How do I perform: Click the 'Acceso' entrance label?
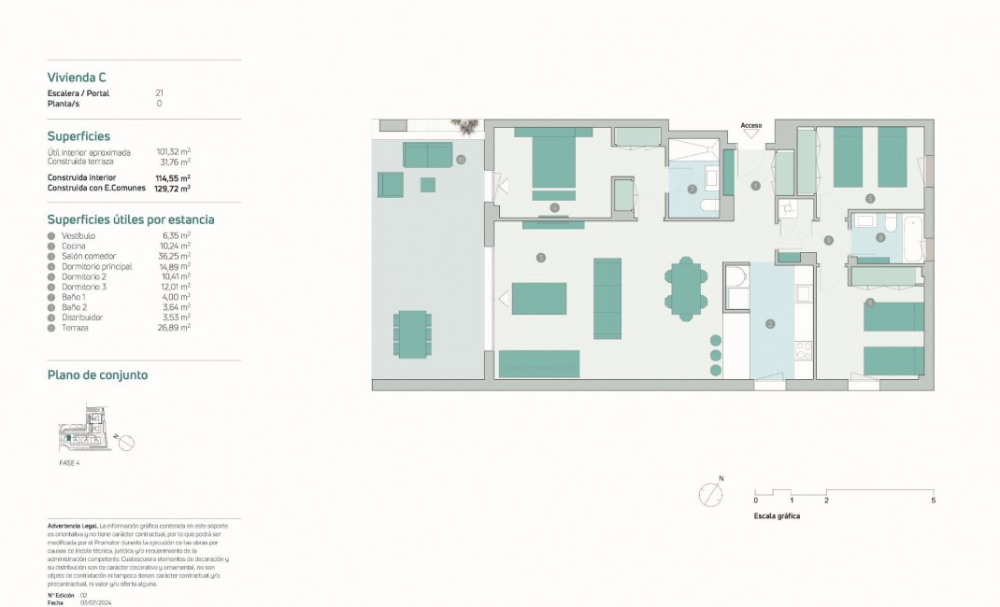[751, 125]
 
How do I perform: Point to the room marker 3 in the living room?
[540, 257]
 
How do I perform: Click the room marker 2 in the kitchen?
[770, 324]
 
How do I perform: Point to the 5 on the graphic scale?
[934, 501]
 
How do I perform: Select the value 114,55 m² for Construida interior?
[173, 177]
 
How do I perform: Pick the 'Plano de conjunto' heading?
[97, 375]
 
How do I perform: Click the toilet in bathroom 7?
[708, 205]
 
